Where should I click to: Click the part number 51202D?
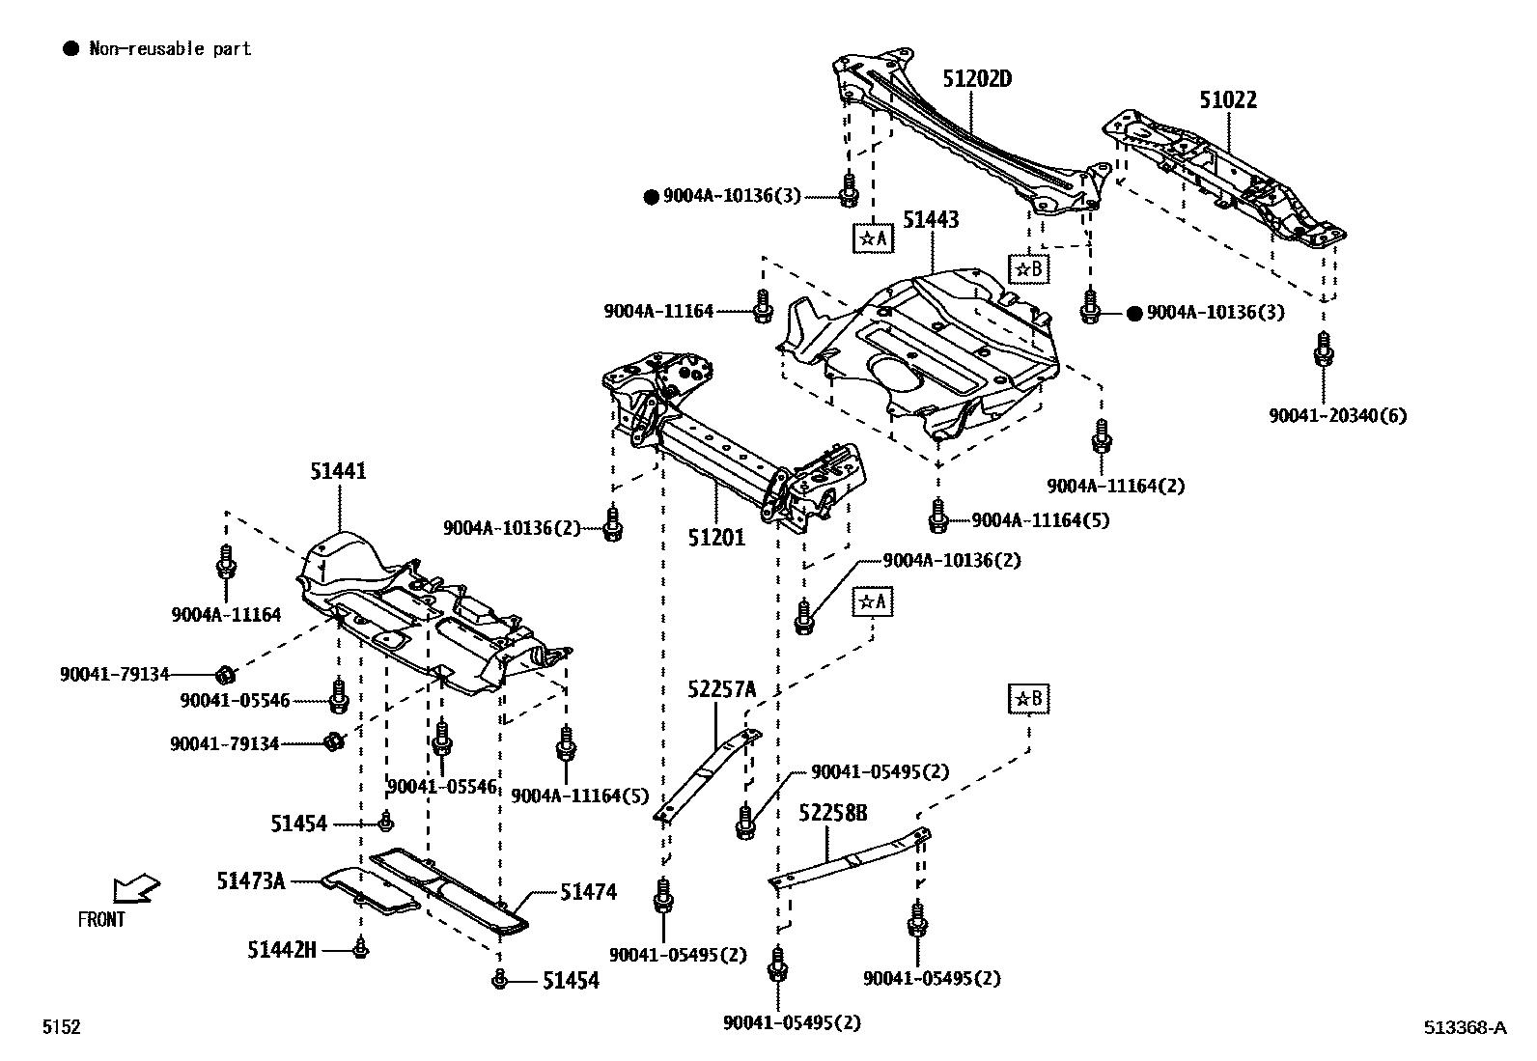pyautogui.click(x=977, y=79)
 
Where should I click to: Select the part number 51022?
pyautogui.click(x=1228, y=99)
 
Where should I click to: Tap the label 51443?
pyautogui.click(x=931, y=220)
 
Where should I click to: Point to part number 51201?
pyautogui.click(x=716, y=537)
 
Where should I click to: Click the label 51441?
pyautogui.click(x=338, y=471)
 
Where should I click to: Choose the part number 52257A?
pyautogui.click(x=722, y=689)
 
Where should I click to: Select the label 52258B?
pyautogui.click(x=832, y=814)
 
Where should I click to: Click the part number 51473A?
pyautogui.click(x=251, y=880)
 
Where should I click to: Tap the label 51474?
pyautogui.click(x=588, y=892)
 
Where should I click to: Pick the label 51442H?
pyautogui.click(x=281, y=950)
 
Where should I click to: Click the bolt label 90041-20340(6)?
pyautogui.click(x=1337, y=416)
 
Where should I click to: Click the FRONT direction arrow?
pyautogui.click(x=136, y=887)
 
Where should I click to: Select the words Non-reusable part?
pyautogui.click(x=170, y=48)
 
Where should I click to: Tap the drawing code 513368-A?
pyautogui.click(x=1464, y=1027)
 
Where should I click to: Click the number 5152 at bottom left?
pyautogui.click(x=61, y=1027)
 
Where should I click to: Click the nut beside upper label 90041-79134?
pyautogui.click(x=223, y=674)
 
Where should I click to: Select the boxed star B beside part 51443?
pyautogui.click(x=1028, y=268)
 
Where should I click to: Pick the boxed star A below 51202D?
pyautogui.click(x=873, y=237)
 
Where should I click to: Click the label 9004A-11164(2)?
pyautogui.click(x=1115, y=486)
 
